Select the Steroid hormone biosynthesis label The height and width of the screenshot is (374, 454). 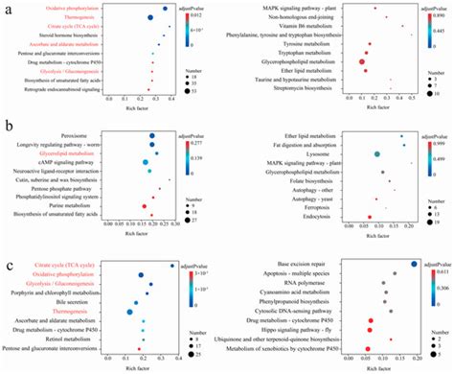click(84, 35)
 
